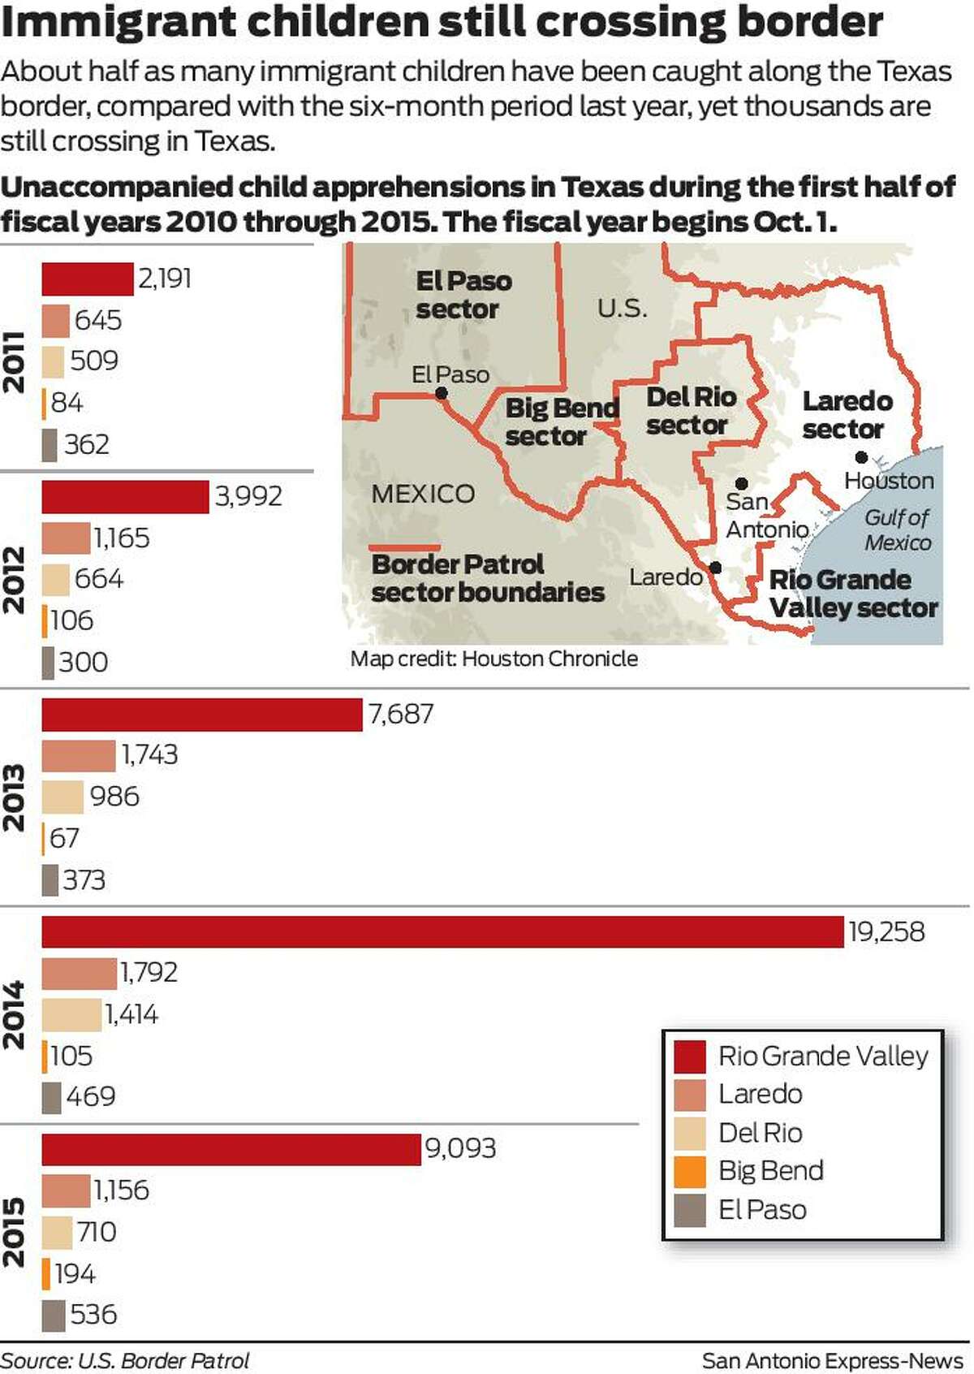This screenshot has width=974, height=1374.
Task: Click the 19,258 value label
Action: pos(886,931)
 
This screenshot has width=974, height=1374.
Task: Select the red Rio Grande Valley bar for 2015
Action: pos(231,1149)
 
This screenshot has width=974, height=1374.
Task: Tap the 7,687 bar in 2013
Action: pos(202,715)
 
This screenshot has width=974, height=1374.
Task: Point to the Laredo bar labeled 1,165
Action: pos(66,538)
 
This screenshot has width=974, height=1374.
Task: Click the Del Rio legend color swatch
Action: pos(690,1133)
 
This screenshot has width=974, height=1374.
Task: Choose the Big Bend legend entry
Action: pos(770,1170)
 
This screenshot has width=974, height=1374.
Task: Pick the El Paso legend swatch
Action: pos(690,1210)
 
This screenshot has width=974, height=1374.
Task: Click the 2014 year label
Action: pos(14,1015)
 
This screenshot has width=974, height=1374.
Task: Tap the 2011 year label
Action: pos(14,362)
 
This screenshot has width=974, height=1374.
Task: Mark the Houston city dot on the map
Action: pos(861,458)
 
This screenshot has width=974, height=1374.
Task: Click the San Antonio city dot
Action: pos(741,484)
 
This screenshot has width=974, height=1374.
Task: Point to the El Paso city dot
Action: pos(442,393)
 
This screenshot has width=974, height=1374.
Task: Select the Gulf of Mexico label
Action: pos(897,529)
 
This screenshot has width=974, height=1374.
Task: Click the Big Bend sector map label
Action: pos(561,421)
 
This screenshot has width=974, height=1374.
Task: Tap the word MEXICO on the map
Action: pos(422,494)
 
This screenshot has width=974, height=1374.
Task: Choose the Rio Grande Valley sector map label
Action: pos(852,594)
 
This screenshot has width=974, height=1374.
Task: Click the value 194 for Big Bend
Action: pos(75,1273)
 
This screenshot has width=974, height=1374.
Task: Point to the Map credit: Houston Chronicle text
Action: pos(493,659)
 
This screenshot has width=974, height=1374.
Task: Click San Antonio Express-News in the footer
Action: pos(832,1360)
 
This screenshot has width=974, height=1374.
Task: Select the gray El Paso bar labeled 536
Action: pos(54,1316)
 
